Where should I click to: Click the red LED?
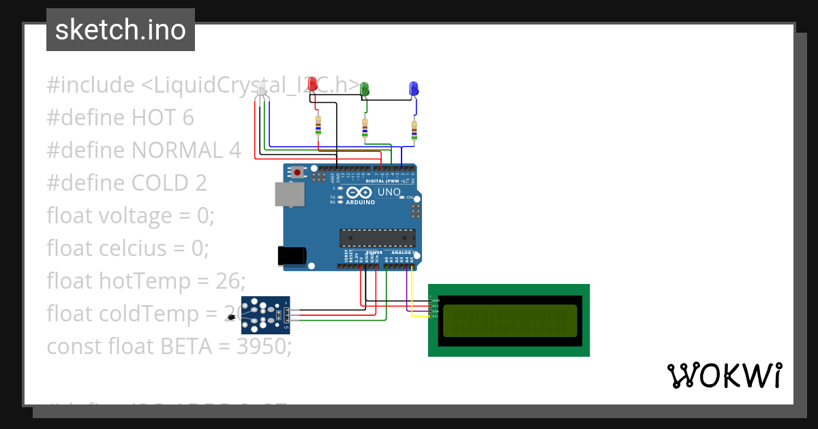tap(313, 84)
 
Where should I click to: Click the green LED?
tap(365, 89)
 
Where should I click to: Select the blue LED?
tap(413, 89)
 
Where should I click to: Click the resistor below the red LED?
tap(318, 125)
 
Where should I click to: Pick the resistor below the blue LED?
tap(413, 129)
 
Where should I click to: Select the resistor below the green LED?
tap(365, 127)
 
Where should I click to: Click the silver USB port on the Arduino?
tap(289, 194)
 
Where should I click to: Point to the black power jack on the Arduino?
tap(291, 255)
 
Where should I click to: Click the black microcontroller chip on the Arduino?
tap(377, 238)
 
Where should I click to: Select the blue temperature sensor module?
tap(267, 315)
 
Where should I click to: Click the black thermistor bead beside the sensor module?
tap(232, 319)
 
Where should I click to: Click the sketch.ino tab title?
tap(121, 30)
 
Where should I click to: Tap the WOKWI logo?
tap(724, 375)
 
